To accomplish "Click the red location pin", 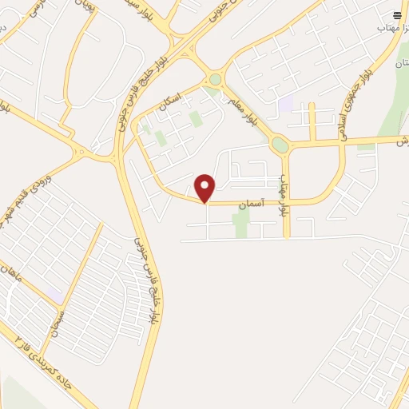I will pos(205,188).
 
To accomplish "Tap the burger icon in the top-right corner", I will pos(398,15).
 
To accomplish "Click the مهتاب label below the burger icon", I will pos(393,27).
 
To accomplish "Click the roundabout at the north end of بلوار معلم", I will pos(215,79).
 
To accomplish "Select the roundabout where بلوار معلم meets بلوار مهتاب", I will pos(280,145).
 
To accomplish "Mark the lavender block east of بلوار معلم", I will pos(285,103).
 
